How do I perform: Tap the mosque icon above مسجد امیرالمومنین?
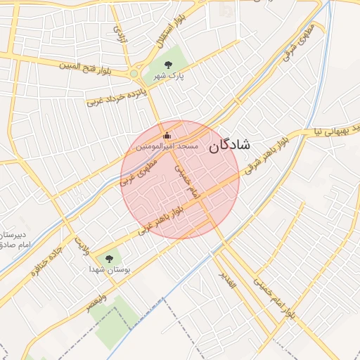(167, 135)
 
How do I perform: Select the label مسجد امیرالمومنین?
(167, 146)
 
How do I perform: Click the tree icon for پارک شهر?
(167, 65)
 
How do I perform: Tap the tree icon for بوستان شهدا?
(108, 259)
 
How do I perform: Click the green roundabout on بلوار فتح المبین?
(134, 73)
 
